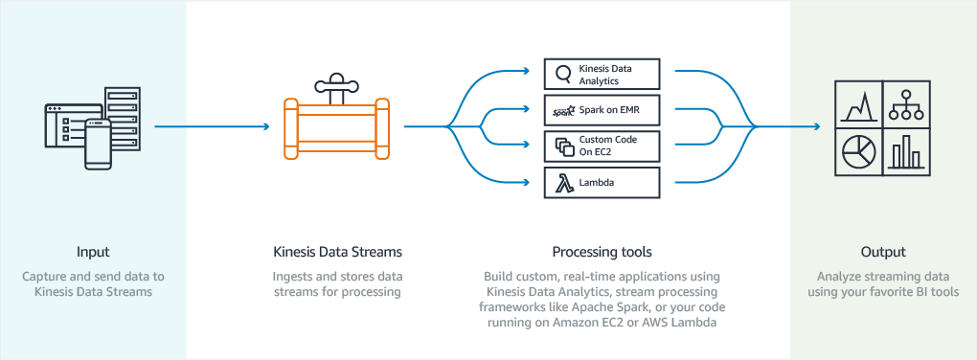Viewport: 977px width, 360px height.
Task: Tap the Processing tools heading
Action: click(602, 252)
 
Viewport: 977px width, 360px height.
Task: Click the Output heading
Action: click(882, 252)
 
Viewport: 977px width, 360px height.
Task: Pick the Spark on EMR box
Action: click(602, 111)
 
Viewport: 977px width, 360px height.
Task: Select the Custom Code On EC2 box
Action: click(602, 146)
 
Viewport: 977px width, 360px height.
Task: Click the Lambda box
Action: click(602, 182)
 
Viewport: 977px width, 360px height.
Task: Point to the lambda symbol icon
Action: click(561, 182)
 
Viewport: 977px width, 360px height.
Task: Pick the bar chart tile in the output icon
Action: click(905, 151)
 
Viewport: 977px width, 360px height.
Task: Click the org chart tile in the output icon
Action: click(905, 103)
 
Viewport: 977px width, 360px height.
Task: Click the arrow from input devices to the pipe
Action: click(211, 125)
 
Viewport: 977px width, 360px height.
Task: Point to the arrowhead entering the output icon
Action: click(816, 125)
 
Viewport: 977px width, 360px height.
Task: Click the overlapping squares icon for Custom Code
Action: click(562, 146)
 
